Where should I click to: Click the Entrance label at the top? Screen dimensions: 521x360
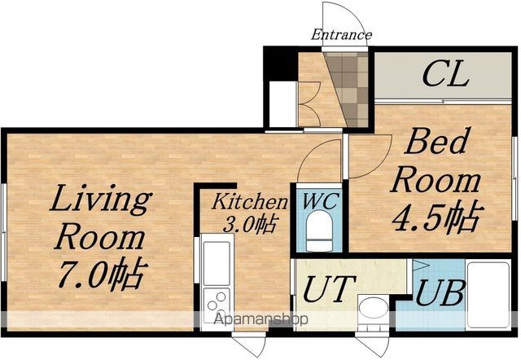coord(341,34)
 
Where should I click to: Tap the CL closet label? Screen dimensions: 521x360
coord(445,75)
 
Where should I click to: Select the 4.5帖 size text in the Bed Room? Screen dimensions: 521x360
coord(436,217)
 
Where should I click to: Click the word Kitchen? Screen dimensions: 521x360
coord(250,201)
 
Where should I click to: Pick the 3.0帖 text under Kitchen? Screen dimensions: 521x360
coord(250,224)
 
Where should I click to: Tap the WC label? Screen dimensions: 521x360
coord(321,201)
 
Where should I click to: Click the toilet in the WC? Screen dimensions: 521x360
coord(319,230)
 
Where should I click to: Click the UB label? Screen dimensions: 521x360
coord(440,292)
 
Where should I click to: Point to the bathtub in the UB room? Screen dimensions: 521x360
coord(488,295)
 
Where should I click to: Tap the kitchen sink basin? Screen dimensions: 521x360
coord(217,262)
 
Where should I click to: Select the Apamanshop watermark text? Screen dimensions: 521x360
coord(260,319)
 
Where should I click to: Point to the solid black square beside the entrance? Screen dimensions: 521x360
coord(280,64)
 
